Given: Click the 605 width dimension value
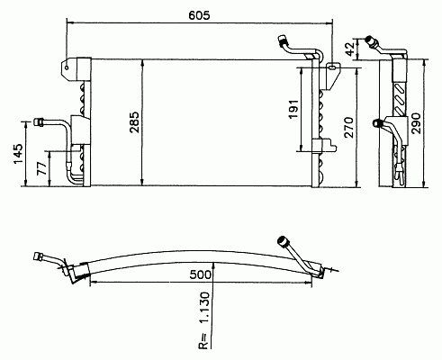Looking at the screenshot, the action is tap(199, 15).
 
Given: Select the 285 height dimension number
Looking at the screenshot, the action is tap(134, 122).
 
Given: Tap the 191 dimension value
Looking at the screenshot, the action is tap(293, 109).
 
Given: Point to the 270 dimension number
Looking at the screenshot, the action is tap(349, 128).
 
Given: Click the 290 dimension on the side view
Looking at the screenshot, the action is tap(417, 123).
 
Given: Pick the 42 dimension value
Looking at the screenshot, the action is tap(350, 49).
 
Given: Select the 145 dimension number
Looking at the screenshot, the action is tap(18, 154).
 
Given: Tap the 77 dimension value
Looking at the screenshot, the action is tap(42, 168).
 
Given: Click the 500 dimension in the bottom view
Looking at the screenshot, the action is tap(201, 274).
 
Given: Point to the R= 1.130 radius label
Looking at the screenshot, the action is tap(203, 319).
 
